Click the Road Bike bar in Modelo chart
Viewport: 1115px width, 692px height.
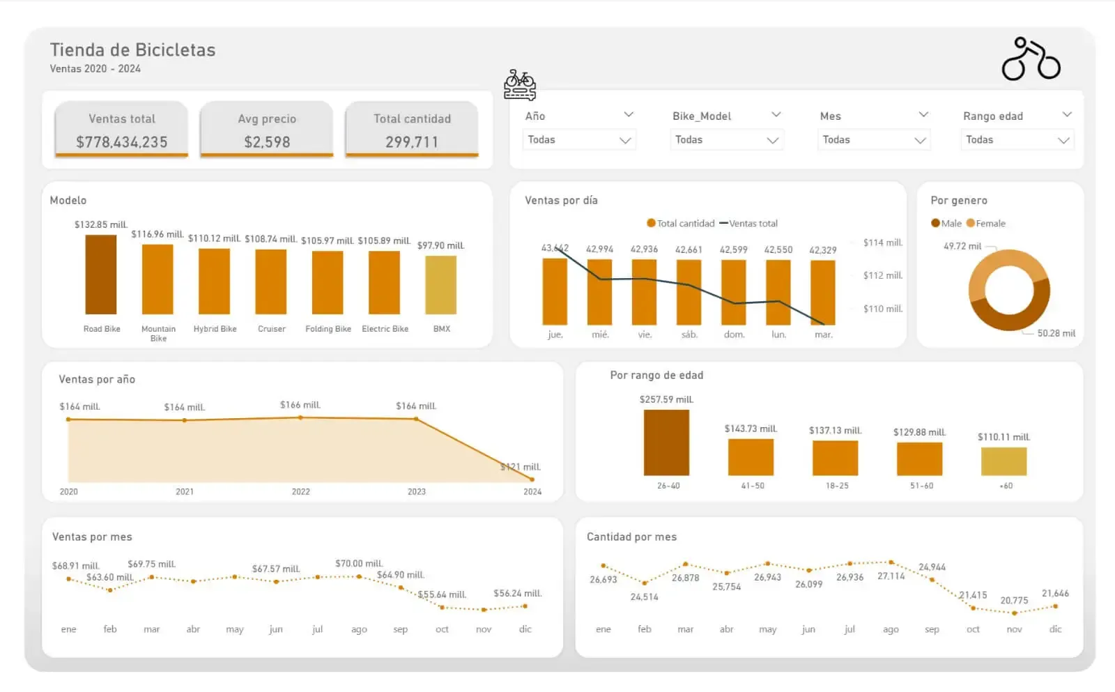click(x=101, y=275)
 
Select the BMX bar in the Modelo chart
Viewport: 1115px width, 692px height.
click(x=440, y=285)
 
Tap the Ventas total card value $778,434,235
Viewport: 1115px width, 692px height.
click(x=122, y=142)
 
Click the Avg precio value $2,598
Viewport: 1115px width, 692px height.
click(x=267, y=142)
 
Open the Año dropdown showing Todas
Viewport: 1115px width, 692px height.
click(x=579, y=140)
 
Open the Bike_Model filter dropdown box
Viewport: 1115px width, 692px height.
click(x=726, y=140)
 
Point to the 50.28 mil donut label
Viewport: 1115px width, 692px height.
click(x=1056, y=333)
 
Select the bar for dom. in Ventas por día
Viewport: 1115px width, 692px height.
click(x=734, y=292)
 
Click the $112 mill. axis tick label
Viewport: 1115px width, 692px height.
click(x=882, y=275)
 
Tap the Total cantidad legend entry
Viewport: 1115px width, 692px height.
click(x=685, y=224)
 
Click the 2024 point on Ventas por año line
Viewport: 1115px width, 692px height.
click(x=532, y=479)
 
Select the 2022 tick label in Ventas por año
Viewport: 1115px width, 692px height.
click(x=301, y=492)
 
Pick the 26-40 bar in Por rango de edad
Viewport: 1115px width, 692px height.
click(x=666, y=443)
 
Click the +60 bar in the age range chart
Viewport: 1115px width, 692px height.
click(x=1003, y=461)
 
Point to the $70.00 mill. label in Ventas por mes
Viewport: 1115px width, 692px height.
click(x=359, y=564)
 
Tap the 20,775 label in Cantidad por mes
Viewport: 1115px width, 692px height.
click(x=1014, y=600)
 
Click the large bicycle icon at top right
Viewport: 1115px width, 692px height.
click(x=1031, y=59)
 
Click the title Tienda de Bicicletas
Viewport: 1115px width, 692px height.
click(x=132, y=50)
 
